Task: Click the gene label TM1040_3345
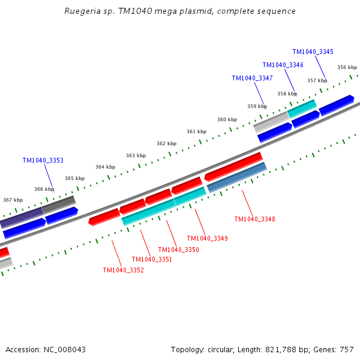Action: (x=313, y=52)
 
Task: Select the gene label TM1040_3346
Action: (x=283, y=65)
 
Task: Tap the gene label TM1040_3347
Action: (x=252, y=78)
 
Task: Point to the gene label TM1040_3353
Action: (x=43, y=160)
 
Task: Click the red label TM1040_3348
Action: (x=254, y=219)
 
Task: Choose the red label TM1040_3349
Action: (x=207, y=238)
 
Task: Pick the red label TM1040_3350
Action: (x=178, y=250)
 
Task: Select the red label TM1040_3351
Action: (x=152, y=259)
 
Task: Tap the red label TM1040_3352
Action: (x=123, y=270)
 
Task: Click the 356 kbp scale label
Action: (x=347, y=68)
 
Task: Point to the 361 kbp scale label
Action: (x=196, y=131)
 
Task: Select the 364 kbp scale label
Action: (x=105, y=167)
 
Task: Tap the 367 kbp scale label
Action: (x=13, y=200)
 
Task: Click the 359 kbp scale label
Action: (x=257, y=106)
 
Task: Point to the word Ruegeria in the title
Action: (x=83, y=11)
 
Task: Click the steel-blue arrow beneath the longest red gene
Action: (x=236, y=177)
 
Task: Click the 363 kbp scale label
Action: (x=136, y=155)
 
